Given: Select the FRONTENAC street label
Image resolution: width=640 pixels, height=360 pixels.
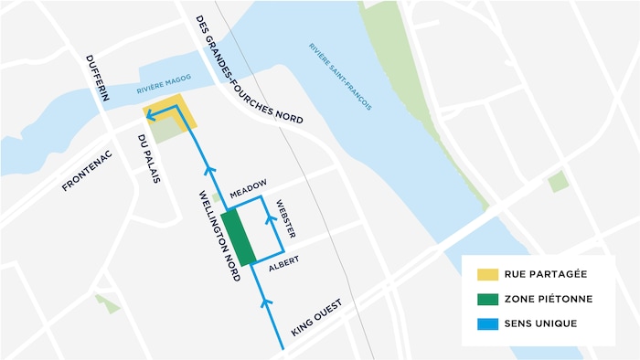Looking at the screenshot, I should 91,170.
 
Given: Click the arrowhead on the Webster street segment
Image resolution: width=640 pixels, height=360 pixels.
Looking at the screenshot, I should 269,216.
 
